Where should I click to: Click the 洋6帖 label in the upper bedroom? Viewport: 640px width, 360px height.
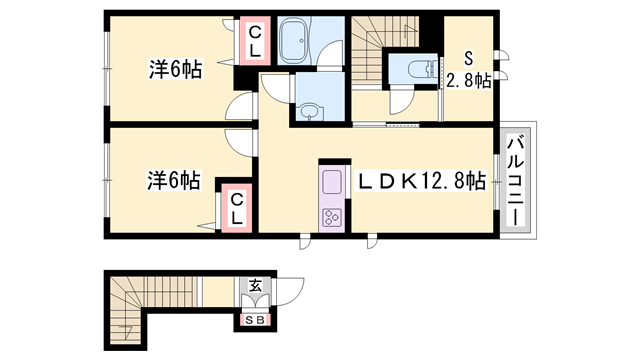pyautogui.click(x=176, y=69)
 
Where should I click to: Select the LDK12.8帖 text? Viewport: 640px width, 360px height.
pyautogui.click(x=424, y=181)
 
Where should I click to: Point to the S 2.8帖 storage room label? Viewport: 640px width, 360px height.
pyautogui.click(x=468, y=70)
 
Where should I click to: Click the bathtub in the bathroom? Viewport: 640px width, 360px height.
pyautogui.click(x=296, y=41)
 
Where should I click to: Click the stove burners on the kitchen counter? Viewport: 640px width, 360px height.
pyautogui.click(x=332, y=216)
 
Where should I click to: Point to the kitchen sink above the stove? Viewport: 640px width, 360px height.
pyautogui.click(x=332, y=184)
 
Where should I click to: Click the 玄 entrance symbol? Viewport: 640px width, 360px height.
pyautogui.click(x=255, y=287)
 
